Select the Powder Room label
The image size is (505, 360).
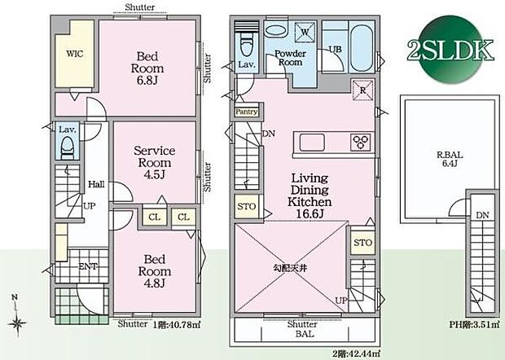click(x=289, y=58)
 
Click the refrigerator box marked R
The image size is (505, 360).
click(x=361, y=90)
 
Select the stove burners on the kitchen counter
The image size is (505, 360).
click(x=360, y=142)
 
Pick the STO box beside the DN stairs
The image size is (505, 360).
click(x=246, y=208)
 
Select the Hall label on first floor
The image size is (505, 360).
click(x=94, y=184)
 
